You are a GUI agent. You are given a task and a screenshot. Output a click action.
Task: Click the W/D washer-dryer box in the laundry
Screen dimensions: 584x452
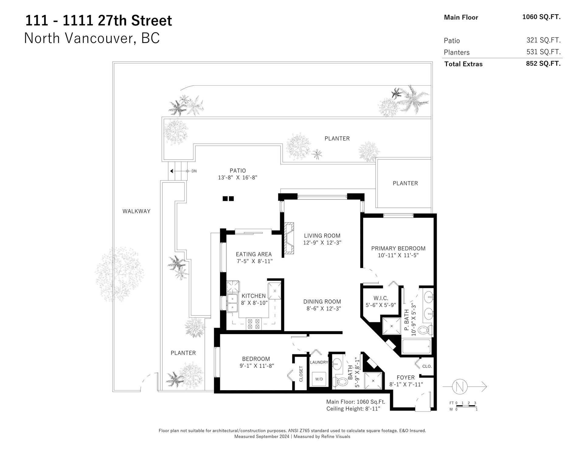[319, 379]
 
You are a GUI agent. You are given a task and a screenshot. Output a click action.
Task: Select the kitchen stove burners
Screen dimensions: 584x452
[254, 323]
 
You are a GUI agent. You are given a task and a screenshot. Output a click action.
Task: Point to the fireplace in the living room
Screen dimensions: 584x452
[289, 240]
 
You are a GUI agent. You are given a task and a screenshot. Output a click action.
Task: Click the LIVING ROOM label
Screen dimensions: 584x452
[322, 235]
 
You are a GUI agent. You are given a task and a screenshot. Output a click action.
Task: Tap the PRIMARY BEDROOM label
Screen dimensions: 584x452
[398, 248]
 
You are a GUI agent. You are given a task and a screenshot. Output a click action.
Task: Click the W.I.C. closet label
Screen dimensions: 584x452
[381, 298]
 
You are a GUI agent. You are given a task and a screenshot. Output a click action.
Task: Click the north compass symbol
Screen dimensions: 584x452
[458, 387]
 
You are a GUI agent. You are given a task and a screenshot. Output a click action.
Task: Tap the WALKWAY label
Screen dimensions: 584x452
[136, 211]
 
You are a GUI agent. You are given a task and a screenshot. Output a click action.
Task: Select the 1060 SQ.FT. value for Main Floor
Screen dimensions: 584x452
[541, 17]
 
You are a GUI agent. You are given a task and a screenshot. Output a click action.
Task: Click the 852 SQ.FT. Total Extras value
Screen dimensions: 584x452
[543, 64]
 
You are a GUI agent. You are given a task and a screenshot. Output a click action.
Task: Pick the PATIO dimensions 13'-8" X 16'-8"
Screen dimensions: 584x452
[238, 177]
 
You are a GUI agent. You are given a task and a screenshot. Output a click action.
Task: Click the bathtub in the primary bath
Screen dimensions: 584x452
[416, 346]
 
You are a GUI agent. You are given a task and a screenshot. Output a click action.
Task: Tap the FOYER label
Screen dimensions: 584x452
[406, 378]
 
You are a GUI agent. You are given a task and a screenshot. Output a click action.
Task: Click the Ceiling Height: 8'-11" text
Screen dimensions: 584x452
[353, 409]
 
